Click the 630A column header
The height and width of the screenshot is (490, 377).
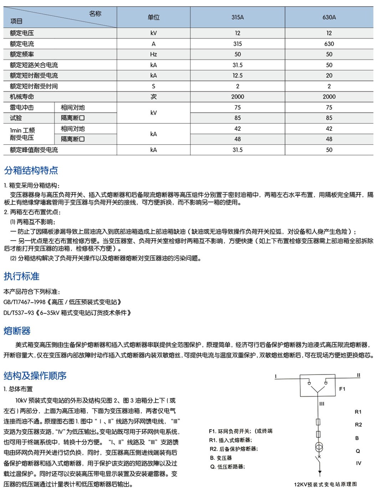tap(329, 17)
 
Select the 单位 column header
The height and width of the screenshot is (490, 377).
tap(153, 17)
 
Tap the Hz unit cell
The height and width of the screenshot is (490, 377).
tap(153, 54)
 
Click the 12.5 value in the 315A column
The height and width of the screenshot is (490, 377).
tap(238, 76)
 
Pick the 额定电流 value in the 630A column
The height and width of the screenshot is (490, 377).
tap(329, 44)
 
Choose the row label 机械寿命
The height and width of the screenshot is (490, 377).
tap(22, 97)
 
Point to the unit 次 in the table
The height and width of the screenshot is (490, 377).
tap(153, 97)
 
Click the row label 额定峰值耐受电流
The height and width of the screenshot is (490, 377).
tap(34, 150)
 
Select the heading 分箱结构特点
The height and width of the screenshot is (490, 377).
tap(31, 170)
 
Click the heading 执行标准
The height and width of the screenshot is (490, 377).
tap(22, 276)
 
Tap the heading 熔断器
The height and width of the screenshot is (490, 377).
tap(17, 331)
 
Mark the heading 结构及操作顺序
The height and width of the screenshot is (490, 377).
tap(35, 376)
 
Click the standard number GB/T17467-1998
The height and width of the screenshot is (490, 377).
tap(25, 302)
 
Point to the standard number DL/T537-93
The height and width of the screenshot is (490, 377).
tap(19, 313)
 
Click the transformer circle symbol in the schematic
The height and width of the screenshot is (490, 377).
tap(319, 447)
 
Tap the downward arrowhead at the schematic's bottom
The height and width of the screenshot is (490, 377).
tap(320, 473)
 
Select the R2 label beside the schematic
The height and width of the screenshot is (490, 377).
tap(358, 425)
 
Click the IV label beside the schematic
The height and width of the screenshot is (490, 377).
tap(358, 463)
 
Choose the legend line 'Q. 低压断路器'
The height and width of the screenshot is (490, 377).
tap(228, 467)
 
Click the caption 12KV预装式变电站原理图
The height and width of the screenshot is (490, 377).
tap(325, 484)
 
